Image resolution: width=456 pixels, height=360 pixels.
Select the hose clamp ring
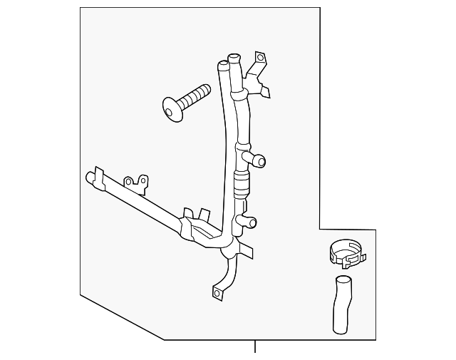[x=345, y=252]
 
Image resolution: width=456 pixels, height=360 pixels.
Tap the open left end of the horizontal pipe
[x=90, y=175]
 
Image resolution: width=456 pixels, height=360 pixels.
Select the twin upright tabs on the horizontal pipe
[x=196, y=215]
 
